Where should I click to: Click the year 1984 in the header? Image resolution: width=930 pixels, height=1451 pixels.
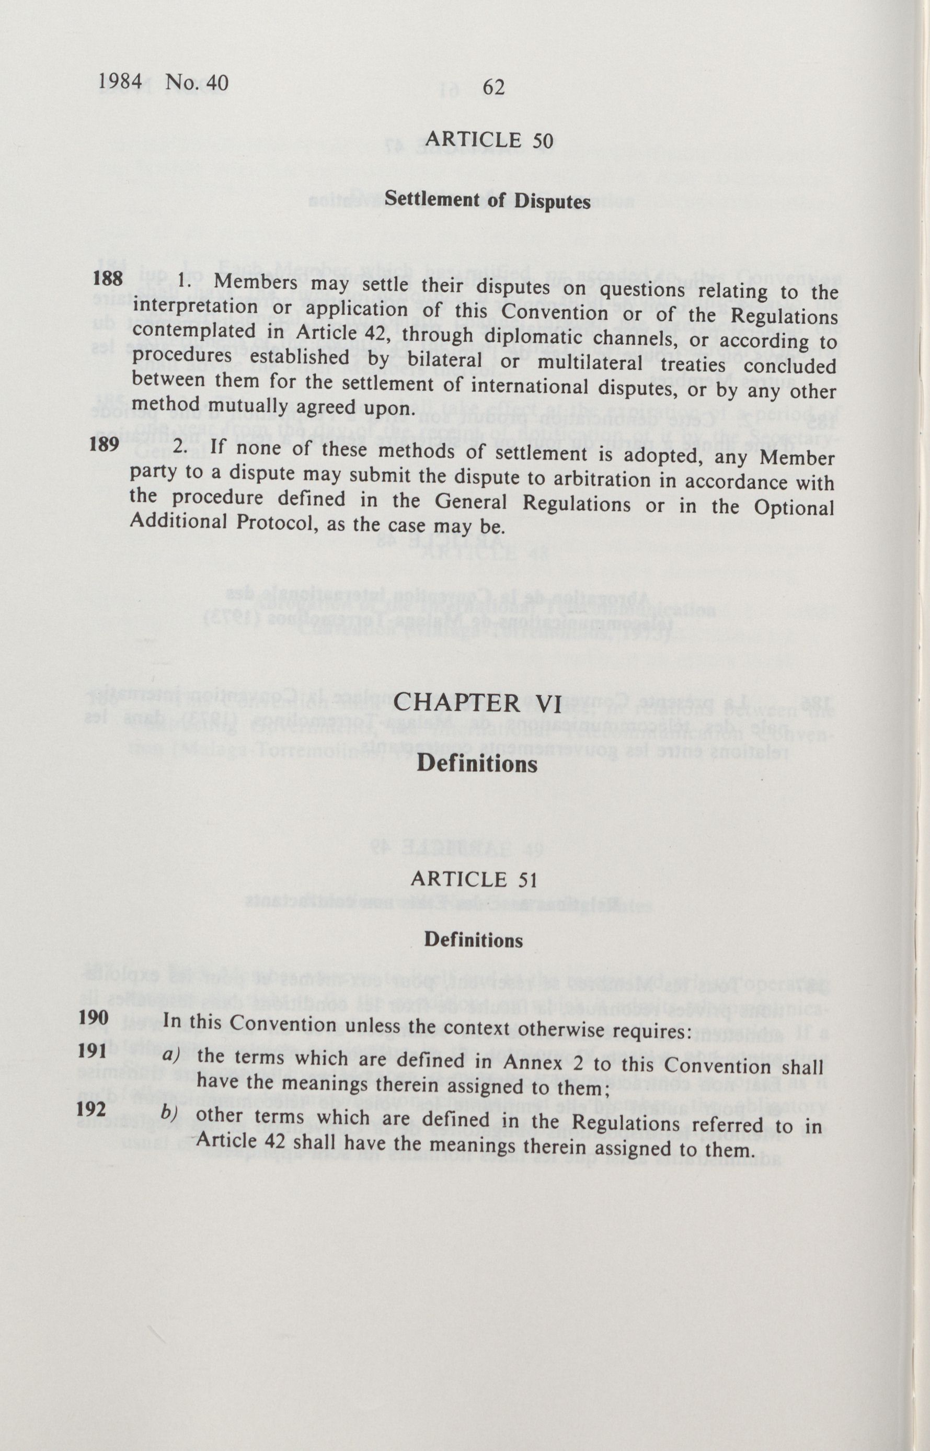point(119,82)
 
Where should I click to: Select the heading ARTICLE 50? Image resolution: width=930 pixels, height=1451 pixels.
point(489,140)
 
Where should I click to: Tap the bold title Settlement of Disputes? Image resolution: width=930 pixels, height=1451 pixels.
point(487,200)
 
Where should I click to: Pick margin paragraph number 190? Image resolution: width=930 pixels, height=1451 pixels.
point(93,1017)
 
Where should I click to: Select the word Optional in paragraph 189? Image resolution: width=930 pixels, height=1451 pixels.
point(794,508)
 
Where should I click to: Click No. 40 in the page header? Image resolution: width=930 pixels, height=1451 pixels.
point(197,83)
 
